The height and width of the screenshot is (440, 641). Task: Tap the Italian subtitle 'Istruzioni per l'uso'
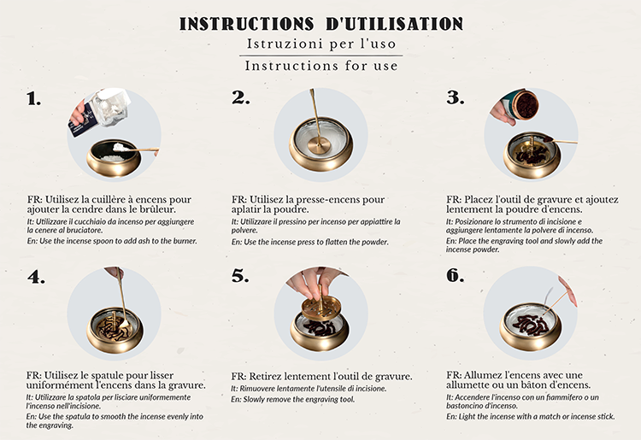321,44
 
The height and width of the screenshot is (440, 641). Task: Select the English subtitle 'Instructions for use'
321,66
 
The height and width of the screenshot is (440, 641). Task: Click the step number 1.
34,99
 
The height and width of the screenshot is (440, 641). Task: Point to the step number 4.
37,278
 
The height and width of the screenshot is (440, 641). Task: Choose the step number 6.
455,276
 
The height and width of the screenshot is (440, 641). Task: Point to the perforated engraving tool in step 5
320,309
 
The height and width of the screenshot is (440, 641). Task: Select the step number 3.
456,97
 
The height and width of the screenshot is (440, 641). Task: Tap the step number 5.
240,276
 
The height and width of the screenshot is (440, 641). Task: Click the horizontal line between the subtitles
321,56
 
